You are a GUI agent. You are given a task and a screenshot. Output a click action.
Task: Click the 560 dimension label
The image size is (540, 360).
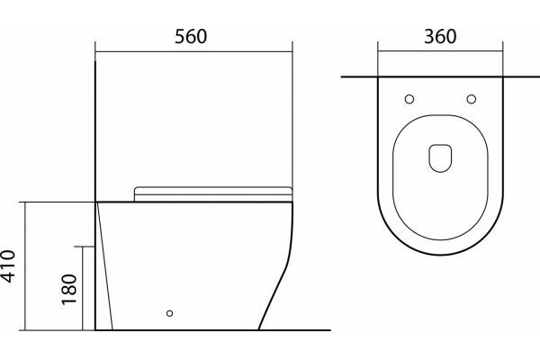pyautogui.click(x=191, y=37)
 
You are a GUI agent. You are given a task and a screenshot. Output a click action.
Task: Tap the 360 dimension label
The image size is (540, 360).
pyautogui.click(x=440, y=37)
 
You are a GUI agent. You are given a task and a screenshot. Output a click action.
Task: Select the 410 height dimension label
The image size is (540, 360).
pyautogui.click(x=8, y=266)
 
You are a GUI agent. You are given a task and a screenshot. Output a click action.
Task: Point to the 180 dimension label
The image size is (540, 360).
pyautogui.click(x=69, y=290)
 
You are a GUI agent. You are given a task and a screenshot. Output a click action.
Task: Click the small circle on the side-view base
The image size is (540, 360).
pyautogui.click(x=169, y=313)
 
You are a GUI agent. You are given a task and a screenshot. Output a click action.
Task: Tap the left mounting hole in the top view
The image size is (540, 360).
pyautogui.click(x=409, y=99)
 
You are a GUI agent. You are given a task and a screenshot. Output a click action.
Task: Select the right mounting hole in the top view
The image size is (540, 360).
pyautogui.click(x=472, y=99)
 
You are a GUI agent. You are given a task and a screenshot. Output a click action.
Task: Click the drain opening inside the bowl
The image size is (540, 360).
pyautogui.click(x=440, y=158)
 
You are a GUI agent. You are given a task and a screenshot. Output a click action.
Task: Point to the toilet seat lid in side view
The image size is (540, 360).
pyautogui.click(x=212, y=194)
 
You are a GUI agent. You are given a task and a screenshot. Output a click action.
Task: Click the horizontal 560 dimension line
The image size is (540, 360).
pyautogui.click(x=193, y=52)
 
